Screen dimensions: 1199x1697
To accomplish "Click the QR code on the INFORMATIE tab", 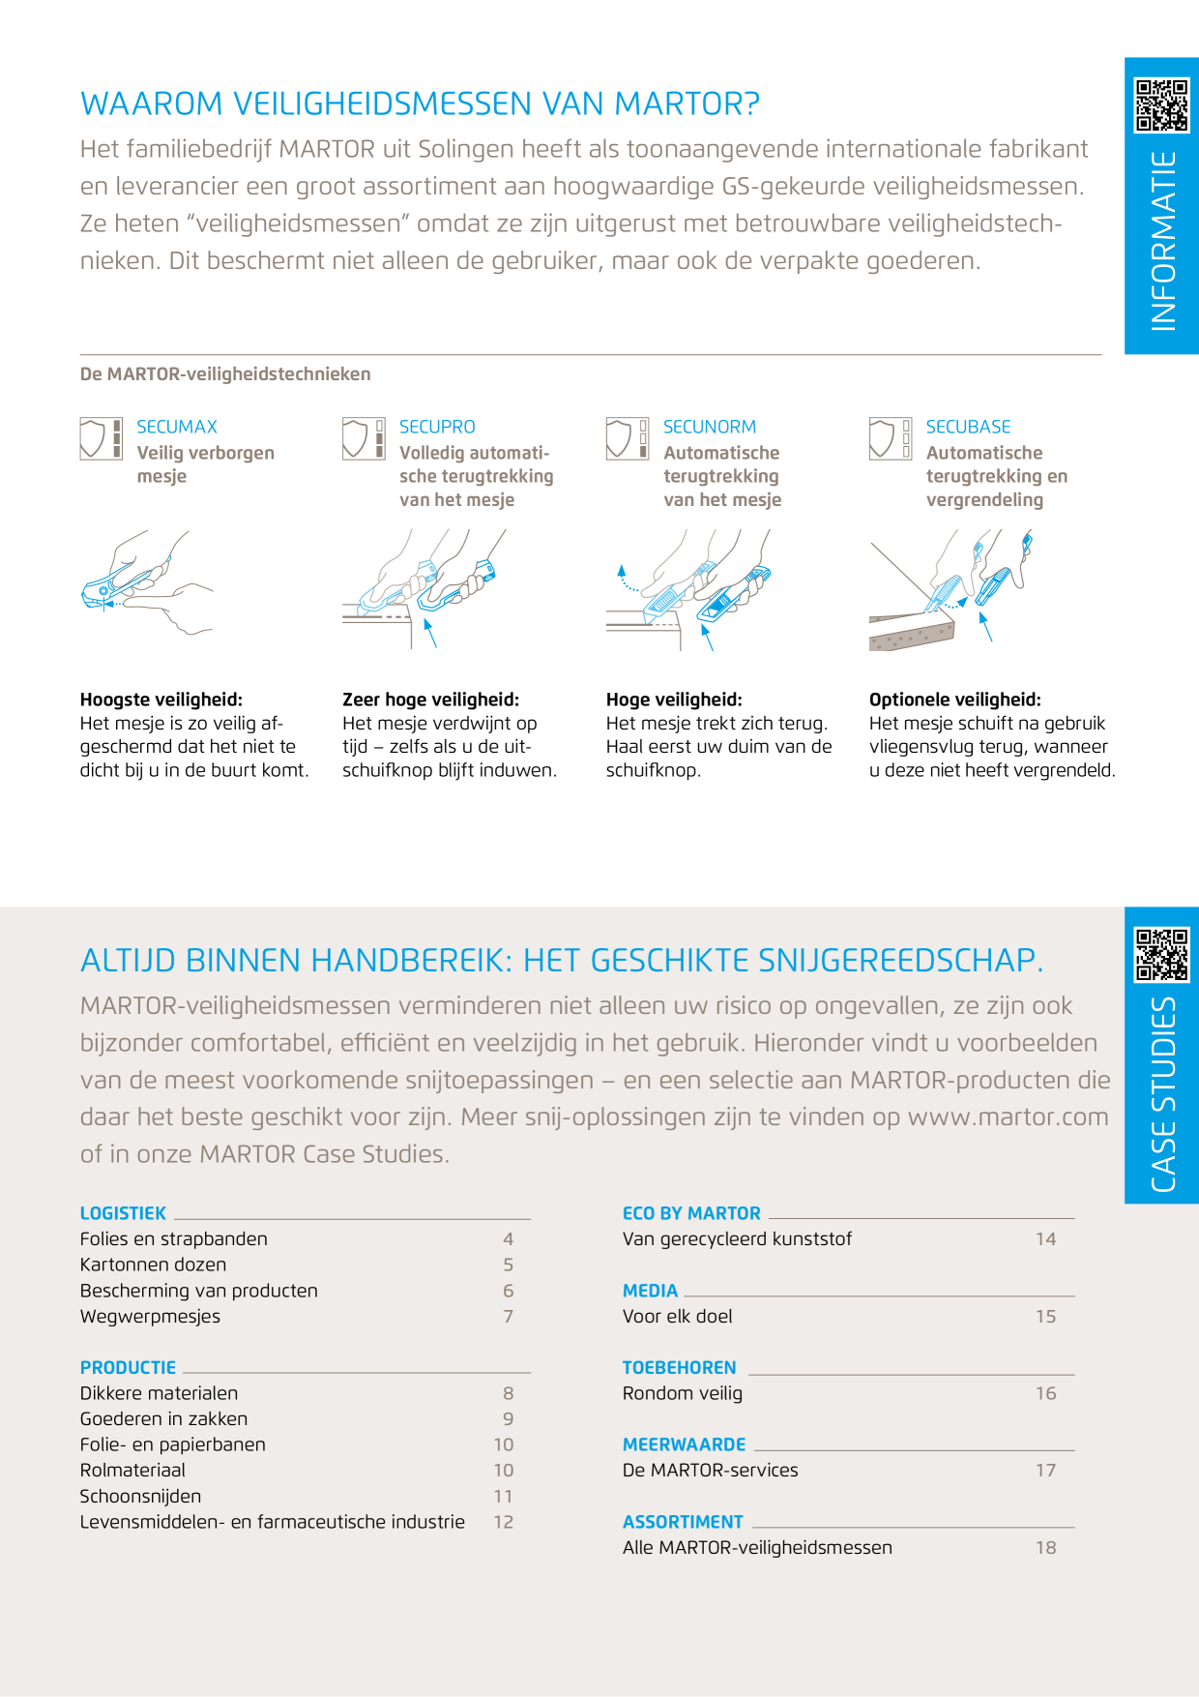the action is pyautogui.click(x=1161, y=105).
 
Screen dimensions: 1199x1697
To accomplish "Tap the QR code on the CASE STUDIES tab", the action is pyautogui.click(x=1161, y=955).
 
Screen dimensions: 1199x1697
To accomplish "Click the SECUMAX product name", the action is pyautogui.click(x=177, y=427).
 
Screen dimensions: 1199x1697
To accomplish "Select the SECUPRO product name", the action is pyautogui.click(x=437, y=427).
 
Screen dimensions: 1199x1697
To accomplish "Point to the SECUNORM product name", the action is pyautogui.click(x=710, y=427).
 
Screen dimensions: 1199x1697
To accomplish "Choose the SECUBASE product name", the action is pyautogui.click(x=968, y=427).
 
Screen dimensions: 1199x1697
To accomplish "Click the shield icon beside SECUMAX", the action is pyautogui.click(x=93, y=438).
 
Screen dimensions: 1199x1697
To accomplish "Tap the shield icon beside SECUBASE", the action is pyautogui.click(x=882, y=438).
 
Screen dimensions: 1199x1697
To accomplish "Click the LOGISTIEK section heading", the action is pyautogui.click(x=123, y=1213).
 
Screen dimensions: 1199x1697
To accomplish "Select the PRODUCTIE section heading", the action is pyautogui.click(x=128, y=1368).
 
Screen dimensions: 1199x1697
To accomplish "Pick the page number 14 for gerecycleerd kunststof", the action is pyautogui.click(x=1045, y=1239).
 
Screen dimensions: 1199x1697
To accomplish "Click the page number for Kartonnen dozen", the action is pyautogui.click(x=509, y=1265).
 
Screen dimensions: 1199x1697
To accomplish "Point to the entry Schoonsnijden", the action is pyautogui.click(x=140, y=1496).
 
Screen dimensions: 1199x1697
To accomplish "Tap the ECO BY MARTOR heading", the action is pyautogui.click(x=691, y=1213).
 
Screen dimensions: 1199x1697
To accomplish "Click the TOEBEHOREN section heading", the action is pyautogui.click(x=679, y=1368).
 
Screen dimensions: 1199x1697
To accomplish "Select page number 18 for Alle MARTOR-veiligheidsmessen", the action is pyautogui.click(x=1045, y=1548).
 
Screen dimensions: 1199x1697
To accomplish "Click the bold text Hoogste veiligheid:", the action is pyautogui.click(x=161, y=700).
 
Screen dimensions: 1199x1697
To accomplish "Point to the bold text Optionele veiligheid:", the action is pyautogui.click(x=955, y=700).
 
